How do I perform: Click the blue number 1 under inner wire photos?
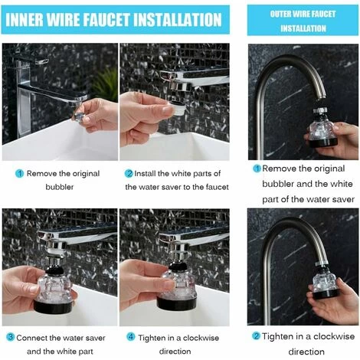point(19,173)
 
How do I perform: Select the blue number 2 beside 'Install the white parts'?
point(129,173)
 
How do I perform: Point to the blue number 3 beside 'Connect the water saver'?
point(10,336)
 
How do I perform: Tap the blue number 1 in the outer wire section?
point(257,168)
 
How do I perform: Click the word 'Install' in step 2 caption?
point(149,173)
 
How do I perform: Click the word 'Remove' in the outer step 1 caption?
point(280,168)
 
